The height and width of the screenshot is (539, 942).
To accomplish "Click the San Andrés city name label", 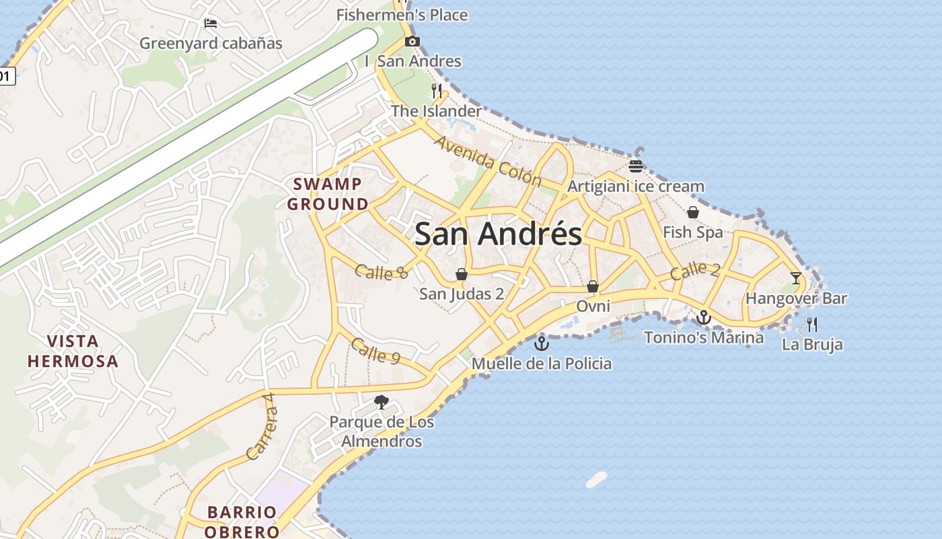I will (498, 234).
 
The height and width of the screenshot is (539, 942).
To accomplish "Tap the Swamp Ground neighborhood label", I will (328, 193).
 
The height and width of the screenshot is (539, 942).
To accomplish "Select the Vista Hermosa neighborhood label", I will (73, 350).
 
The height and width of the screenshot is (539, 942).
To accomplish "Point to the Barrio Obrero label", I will (242, 521).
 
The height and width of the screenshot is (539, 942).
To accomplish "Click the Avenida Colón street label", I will (488, 161).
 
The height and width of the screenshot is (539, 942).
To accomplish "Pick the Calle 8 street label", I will (381, 272).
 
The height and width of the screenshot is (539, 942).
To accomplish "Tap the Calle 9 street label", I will (375, 351).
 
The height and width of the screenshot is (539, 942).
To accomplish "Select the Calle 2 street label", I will (695, 271).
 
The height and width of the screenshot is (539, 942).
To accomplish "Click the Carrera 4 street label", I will (262, 426).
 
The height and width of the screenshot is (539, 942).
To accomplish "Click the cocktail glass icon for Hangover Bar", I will (796, 278).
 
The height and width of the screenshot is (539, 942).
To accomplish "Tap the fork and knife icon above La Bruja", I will (812, 324).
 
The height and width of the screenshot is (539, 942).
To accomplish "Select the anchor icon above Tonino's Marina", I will (704, 317).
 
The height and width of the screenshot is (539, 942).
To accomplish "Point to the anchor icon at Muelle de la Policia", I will (542, 344).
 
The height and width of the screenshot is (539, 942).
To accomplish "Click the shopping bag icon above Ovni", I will (593, 286).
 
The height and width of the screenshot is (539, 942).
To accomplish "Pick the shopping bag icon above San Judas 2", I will (462, 274).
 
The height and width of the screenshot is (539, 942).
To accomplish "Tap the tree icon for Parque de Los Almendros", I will (382, 402).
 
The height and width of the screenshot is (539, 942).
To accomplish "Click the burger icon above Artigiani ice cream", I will (636, 166).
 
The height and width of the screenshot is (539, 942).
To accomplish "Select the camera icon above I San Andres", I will (412, 42).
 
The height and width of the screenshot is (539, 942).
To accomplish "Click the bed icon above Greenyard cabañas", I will (211, 24).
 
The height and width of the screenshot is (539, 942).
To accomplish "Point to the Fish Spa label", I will (693, 232).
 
